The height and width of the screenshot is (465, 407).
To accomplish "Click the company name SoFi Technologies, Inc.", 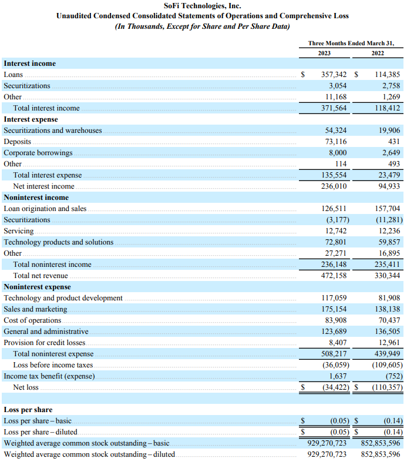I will point(202,6).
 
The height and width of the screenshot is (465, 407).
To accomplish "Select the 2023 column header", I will point(324,53).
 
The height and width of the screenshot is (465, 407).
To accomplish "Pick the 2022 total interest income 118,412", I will point(386,108).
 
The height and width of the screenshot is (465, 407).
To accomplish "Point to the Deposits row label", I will point(17,142).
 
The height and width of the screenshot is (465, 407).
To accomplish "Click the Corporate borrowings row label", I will point(38,153).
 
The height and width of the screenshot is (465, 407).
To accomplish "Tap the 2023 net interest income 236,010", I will point(333,186).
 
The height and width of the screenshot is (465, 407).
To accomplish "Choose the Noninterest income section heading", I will point(36,198).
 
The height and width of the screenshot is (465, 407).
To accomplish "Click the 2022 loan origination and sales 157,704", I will point(386,209).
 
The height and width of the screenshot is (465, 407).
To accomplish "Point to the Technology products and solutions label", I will point(59,242).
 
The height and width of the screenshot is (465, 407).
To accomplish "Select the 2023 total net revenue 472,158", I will point(333,276).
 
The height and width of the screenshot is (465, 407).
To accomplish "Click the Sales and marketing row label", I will point(35,309).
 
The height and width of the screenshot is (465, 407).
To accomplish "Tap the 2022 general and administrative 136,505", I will point(386,332).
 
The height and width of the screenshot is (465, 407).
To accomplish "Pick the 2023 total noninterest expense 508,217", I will point(333,354).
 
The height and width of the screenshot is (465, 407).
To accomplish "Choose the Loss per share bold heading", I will point(28,410).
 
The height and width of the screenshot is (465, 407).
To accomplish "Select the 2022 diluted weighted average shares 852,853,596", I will point(380,454).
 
